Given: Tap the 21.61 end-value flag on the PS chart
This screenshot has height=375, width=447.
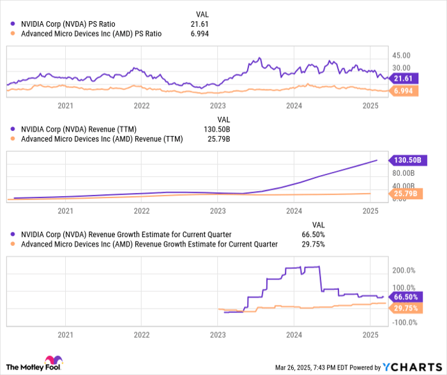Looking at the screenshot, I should [403, 78].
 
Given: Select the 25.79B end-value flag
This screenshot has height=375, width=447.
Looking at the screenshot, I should [405, 194].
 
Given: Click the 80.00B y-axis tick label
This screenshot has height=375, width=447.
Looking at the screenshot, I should [404, 172].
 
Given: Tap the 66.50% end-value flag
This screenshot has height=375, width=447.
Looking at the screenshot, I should [405, 297].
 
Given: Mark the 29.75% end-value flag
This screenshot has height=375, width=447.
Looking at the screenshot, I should [405, 307].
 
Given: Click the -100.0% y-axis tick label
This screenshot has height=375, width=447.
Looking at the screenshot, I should [405, 322].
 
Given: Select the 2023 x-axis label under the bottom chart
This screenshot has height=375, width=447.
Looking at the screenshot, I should [218, 335].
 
